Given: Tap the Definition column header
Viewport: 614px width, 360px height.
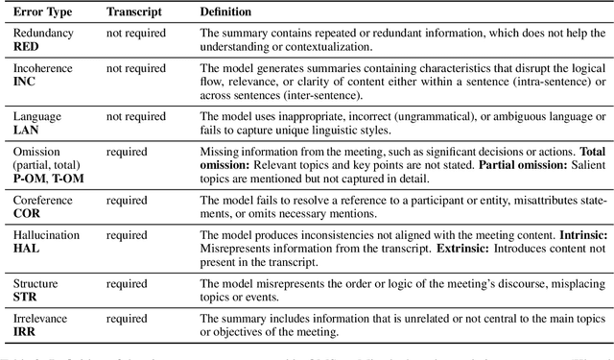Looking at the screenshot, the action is (x=226, y=12).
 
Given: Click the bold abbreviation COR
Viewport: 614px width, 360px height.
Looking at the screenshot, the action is (x=26, y=213).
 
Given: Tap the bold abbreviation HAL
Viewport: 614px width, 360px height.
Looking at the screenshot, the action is (x=25, y=248).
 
